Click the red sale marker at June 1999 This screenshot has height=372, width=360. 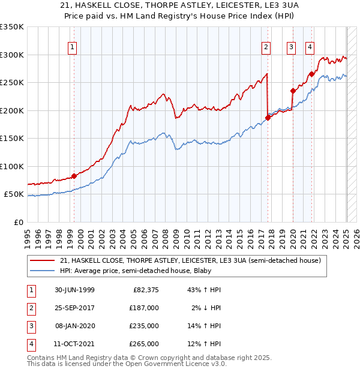74,176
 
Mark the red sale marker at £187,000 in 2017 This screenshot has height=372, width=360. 268,118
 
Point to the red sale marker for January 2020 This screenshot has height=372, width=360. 293,91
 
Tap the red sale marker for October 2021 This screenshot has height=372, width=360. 312,74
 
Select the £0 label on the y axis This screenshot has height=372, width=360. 19,222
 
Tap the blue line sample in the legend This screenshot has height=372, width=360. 43,271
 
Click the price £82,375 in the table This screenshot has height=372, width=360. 145,290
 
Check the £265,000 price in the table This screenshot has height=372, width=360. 145,344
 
